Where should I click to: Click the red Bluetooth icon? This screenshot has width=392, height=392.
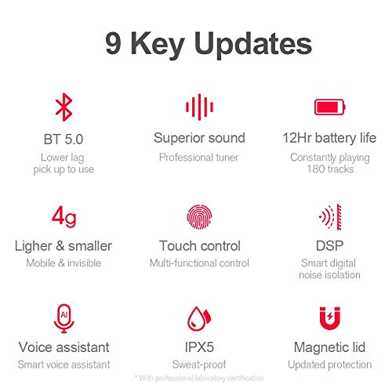point(64,107)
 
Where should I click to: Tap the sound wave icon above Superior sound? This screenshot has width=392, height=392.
point(199,107)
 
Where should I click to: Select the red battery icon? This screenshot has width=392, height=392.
point(329,107)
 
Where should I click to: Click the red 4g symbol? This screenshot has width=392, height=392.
point(64,214)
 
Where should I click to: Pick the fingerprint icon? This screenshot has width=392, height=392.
point(199,215)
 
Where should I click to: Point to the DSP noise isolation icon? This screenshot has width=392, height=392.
point(330,215)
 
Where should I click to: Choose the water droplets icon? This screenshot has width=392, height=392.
point(198,317)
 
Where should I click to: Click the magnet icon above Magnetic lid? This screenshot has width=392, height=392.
point(330,317)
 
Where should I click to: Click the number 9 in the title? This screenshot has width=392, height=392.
point(114,44)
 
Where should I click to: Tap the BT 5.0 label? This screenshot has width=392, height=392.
point(64,139)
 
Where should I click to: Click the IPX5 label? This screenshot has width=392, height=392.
point(199,347)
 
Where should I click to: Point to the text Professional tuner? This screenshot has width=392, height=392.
point(199,157)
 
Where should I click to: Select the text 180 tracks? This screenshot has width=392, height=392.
point(329,169)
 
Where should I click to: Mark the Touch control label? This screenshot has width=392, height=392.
point(199,245)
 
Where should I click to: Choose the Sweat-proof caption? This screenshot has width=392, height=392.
point(199,365)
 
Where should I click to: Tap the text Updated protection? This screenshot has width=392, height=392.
point(329,365)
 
